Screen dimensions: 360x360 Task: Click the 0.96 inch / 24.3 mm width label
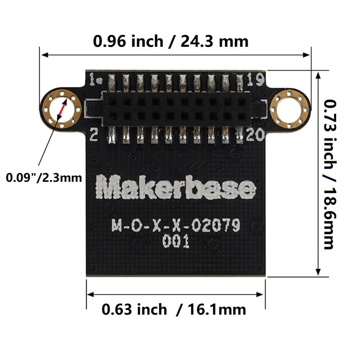171,41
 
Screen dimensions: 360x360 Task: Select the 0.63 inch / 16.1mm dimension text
174,309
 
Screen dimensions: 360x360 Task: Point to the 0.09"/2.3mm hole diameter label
44,177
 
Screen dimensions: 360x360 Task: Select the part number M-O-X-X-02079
176,226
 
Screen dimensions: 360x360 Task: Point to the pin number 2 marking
94,135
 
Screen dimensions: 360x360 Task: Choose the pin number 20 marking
256,135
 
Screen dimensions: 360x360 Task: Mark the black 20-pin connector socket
176,108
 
